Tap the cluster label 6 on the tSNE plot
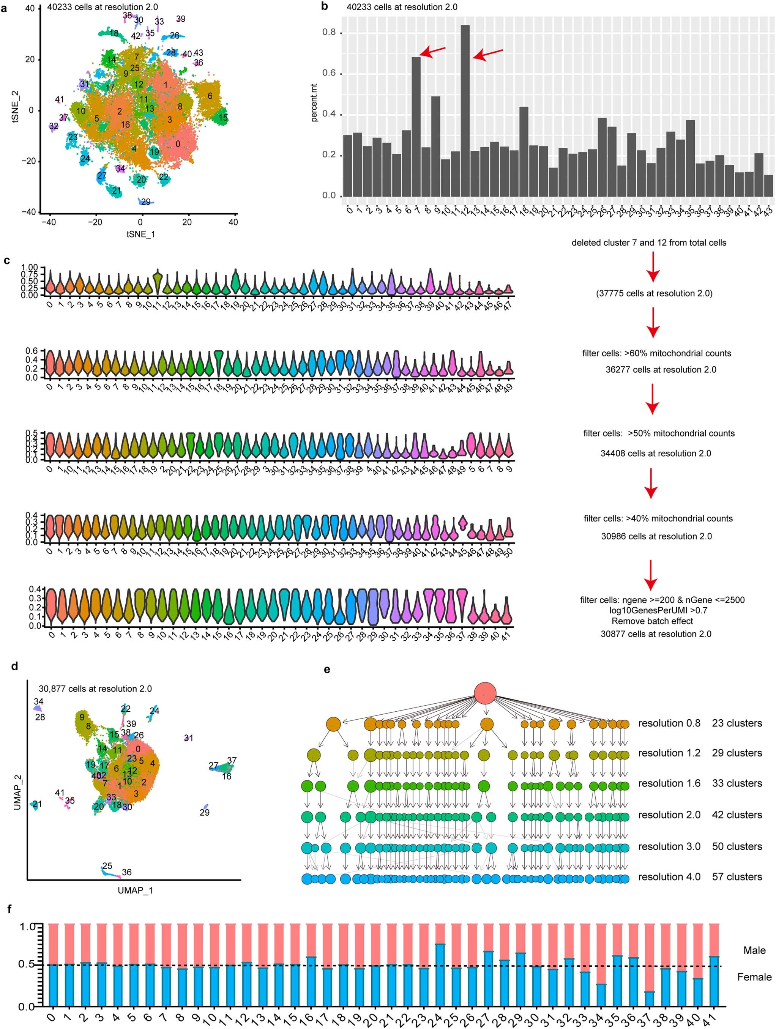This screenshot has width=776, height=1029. [210, 96]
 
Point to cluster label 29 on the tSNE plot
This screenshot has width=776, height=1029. [146, 202]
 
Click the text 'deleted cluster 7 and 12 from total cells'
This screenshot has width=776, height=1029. [648, 243]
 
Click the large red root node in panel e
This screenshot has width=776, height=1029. [485, 693]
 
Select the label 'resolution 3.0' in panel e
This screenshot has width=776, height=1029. [669, 846]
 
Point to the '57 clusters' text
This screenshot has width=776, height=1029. [737, 876]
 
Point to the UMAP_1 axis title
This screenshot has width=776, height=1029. [135, 890]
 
